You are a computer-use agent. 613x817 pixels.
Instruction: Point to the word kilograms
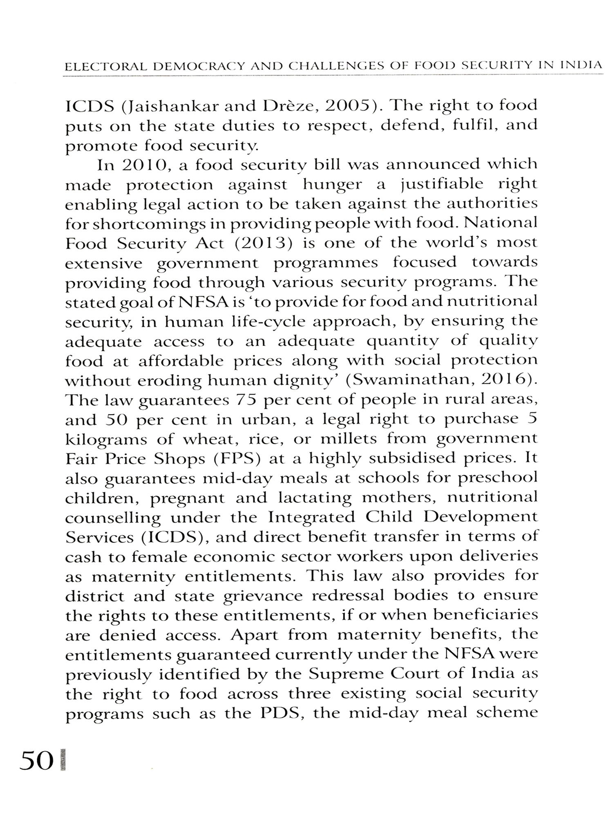coord(106,439)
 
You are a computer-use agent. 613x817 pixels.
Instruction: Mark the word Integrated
coord(311,517)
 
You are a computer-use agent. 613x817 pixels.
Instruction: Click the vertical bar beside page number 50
coord(62,761)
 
